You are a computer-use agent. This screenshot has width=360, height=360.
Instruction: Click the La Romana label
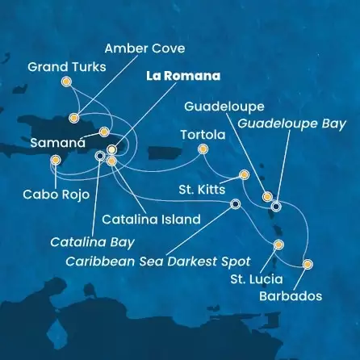tap(182, 77)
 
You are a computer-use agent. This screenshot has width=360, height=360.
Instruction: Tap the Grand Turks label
tap(66, 66)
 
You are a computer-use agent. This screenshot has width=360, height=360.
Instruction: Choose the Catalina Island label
tap(152, 219)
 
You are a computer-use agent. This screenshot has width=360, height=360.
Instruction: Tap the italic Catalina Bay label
tap(82, 241)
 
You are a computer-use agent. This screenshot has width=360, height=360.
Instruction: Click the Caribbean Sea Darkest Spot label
tap(157, 262)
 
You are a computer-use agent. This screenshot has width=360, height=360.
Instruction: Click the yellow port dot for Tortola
tap(203, 149)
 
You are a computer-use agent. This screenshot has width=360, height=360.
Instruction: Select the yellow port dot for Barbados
tap(307, 264)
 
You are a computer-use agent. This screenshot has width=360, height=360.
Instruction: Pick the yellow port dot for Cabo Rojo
tap(55, 160)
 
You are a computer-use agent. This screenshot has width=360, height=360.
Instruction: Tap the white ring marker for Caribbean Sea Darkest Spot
tap(235, 204)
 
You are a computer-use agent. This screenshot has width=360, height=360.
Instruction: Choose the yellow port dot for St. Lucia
tap(278, 244)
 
